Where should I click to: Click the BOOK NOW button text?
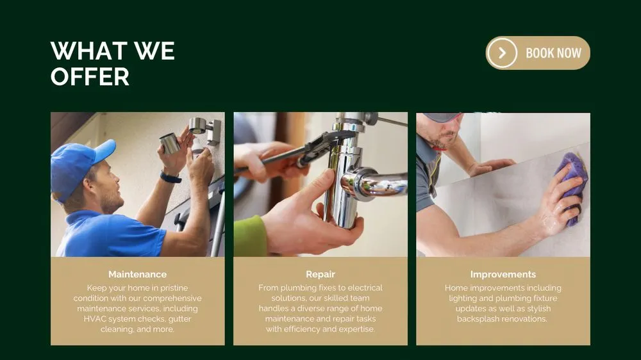click(553, 53)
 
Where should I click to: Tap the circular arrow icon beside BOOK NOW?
click(503, 53)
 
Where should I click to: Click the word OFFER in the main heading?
click(90, 77)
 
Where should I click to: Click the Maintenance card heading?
click(137, 274)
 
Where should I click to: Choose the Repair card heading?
click(320, 274)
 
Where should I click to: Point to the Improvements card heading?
click(503, 274)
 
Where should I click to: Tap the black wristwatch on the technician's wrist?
click(171, 177)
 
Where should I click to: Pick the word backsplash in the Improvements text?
click(479, 319)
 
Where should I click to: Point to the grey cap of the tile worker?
click(442, 117)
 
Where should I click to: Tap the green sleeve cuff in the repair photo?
click(249, 236)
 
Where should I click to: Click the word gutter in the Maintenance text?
click(179, 319)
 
